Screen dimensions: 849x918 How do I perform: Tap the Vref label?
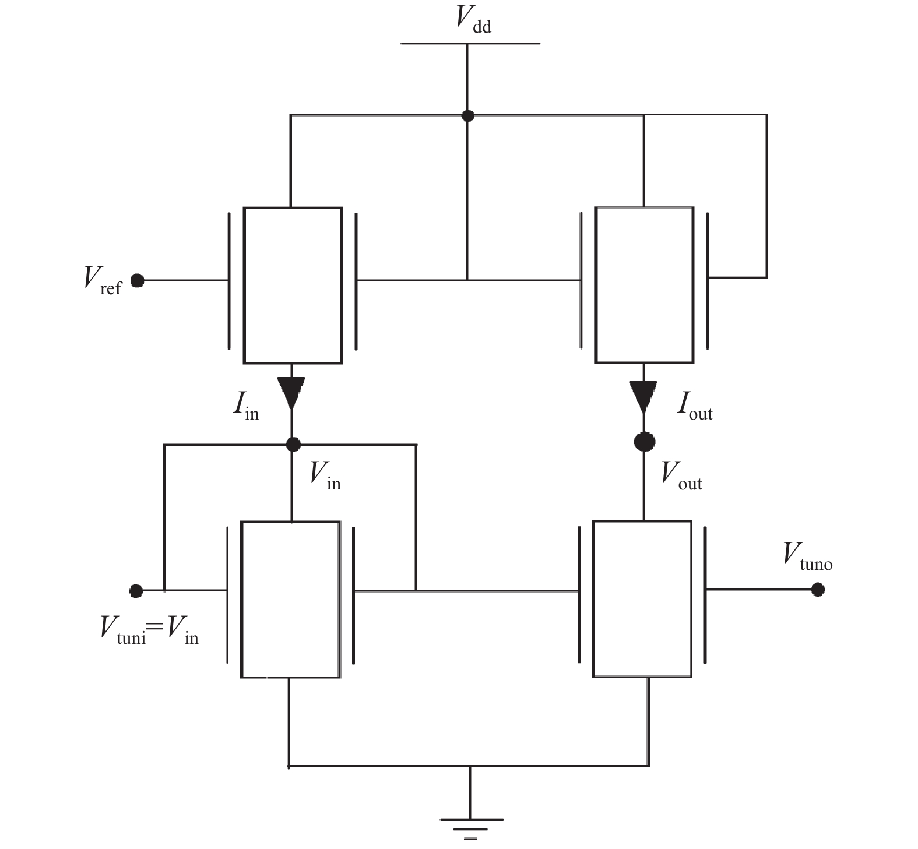103,281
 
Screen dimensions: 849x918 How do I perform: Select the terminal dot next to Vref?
138,281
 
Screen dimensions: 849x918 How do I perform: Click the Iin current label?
245,406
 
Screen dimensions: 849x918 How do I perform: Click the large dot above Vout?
644,442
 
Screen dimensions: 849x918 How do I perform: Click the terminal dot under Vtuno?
818,590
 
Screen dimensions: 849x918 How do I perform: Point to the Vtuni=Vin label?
149,631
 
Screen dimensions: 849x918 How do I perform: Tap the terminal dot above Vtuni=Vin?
136,591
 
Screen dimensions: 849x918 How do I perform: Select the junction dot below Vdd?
467,115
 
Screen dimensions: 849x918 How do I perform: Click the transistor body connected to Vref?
293,286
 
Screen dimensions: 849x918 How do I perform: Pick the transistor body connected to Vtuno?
642,599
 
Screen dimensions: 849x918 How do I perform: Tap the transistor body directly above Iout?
645,285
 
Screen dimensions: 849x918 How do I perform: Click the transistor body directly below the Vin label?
291,600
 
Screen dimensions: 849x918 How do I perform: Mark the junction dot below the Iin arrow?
293,445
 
